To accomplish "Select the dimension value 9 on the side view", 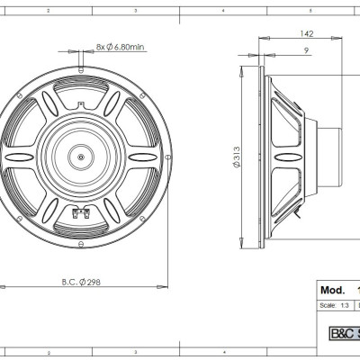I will click(307, 51).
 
